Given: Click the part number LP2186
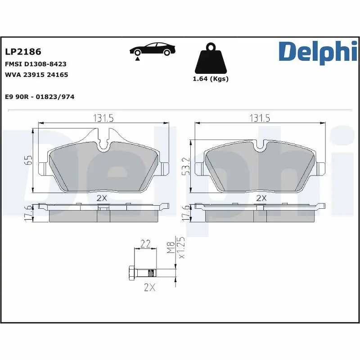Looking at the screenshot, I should pyautogui.click(x=22, y=52).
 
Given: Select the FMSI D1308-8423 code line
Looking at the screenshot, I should pyautogui.click(x=36, y=64).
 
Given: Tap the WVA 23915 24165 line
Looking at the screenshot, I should pyautogui.click(x=36, y=75).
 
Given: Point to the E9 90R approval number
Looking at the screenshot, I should pyautogui.click(x=39, y=97).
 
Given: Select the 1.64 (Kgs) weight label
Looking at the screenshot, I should pyautogui.click(x=210, y=79).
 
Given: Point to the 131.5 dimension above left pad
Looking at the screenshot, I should pyautogui.click(x=103, y=118).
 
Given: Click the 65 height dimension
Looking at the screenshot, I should pyautogui.click(x=28, y=161).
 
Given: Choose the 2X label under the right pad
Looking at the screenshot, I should pyautogui.click(x=261, y=198).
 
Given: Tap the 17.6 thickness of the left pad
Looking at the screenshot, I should pyautogui.click(x=27, y=213).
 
